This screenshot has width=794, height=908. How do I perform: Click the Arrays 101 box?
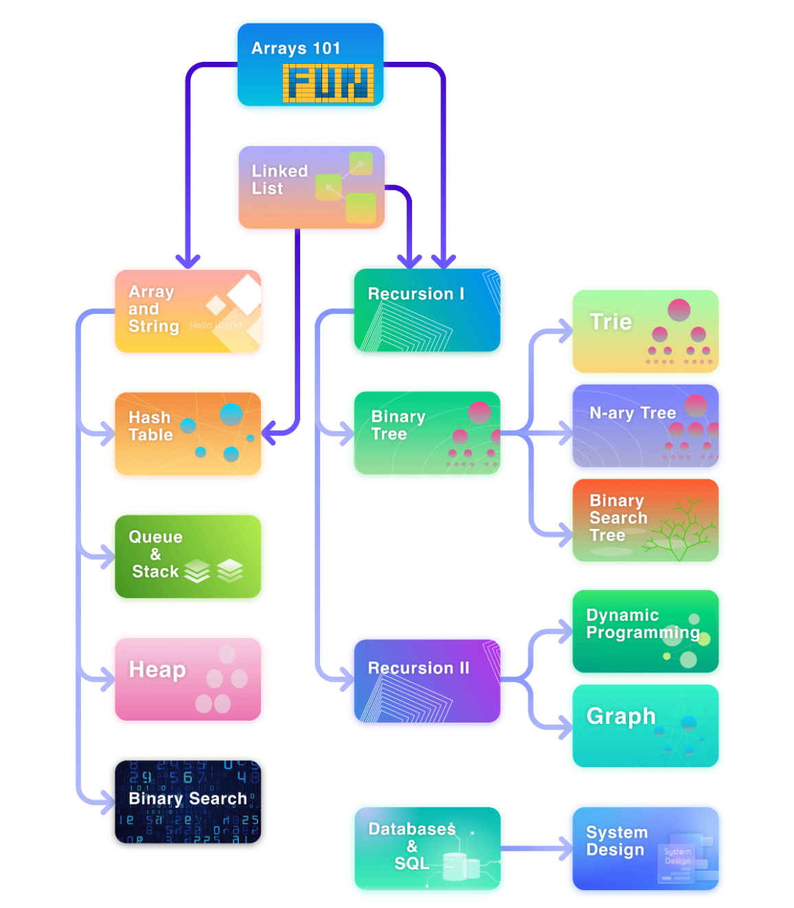click(310, 64)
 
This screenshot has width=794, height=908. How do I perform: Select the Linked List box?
click(310, 187)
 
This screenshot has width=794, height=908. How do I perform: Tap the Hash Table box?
click(188, 433)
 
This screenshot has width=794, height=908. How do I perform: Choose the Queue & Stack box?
click(188, 556)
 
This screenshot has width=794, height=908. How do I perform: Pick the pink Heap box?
click(188, 679)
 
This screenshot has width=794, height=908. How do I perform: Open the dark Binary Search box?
click(188, 801)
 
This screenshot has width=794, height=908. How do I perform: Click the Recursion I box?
click(427, 310)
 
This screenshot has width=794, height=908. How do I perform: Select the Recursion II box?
click(427, 680)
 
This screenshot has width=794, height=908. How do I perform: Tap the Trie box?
click(645, 331)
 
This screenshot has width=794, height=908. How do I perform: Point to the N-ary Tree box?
click(645, 426)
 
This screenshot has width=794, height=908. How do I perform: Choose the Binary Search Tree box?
click(645, 520)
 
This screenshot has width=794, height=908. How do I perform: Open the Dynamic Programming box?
click(645, 631)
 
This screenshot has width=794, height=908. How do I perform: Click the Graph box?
click(645, 725)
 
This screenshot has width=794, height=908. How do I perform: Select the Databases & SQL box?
click(427, 848)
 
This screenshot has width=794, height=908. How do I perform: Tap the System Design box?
click(645, 848)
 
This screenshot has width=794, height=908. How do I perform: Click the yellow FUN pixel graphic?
click(328, 83)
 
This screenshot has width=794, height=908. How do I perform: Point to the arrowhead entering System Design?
click(565, 848)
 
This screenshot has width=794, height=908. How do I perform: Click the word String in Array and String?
click(153, 326)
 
